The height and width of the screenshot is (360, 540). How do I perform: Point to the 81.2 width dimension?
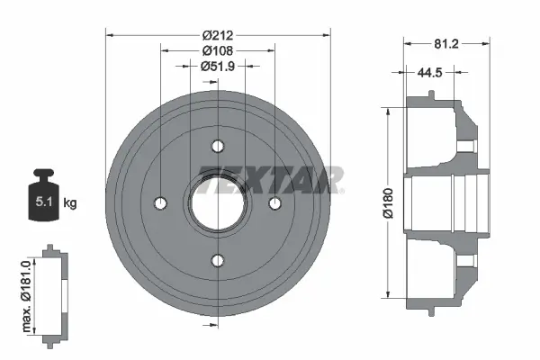point(447,41)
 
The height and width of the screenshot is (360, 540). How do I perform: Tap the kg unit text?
point(70,203)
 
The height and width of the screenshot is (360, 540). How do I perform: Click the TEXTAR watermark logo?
point(270,180)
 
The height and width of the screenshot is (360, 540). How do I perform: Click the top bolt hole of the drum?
point(217,146)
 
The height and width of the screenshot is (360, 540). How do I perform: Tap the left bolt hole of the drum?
point(160,202)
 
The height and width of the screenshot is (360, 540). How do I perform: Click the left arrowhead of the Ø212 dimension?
point(110,35)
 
